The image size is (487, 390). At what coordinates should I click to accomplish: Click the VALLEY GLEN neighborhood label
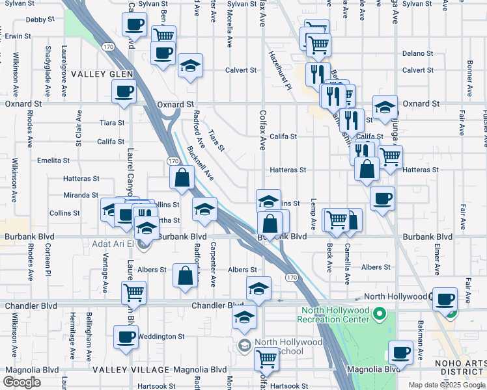[x=103, y=74]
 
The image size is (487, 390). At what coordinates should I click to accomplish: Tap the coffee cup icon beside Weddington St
[x=126, y=337]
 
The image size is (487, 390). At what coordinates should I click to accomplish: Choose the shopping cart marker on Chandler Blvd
[x=133, y=292]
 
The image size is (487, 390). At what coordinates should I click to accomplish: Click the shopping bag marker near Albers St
[x=186, y=275]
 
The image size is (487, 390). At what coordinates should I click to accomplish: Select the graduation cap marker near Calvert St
[x=190, y=66]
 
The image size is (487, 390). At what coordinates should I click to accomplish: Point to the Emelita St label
[x=53, y=160]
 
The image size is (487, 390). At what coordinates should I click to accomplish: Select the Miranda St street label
[x=81, y=195]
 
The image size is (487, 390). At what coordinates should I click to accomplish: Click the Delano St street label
[x=417, y=53]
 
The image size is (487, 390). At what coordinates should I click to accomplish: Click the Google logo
[x=22, y=382]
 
